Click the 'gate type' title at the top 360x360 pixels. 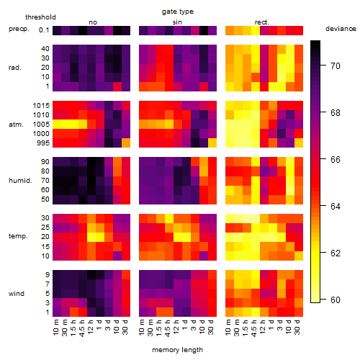click(178, 12)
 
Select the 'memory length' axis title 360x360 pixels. click(177, 350)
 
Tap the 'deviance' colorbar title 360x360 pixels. click(341, 29)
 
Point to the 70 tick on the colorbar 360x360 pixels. click(323, 65)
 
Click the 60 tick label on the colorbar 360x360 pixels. click(336, 300)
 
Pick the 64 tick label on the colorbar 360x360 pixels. click(336, 207)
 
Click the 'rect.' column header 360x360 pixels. click(261, 22)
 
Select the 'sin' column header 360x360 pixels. click(177, 22)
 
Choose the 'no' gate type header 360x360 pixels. click(93, 22)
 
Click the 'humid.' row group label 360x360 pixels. click(20, 181)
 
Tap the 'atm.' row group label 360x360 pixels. click(16, 125)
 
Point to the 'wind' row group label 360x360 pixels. click(17, 294)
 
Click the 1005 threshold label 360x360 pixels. click(41, 125)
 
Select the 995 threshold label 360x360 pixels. click(43, 143)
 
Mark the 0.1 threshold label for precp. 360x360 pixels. click(44, 30)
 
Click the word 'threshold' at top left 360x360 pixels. click(40, 17)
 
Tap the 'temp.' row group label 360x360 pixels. click(18, 236)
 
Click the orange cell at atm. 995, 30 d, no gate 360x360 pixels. click(126, 143)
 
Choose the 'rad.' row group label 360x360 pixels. click(15, 68)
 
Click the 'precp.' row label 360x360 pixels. click(19, 29)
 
